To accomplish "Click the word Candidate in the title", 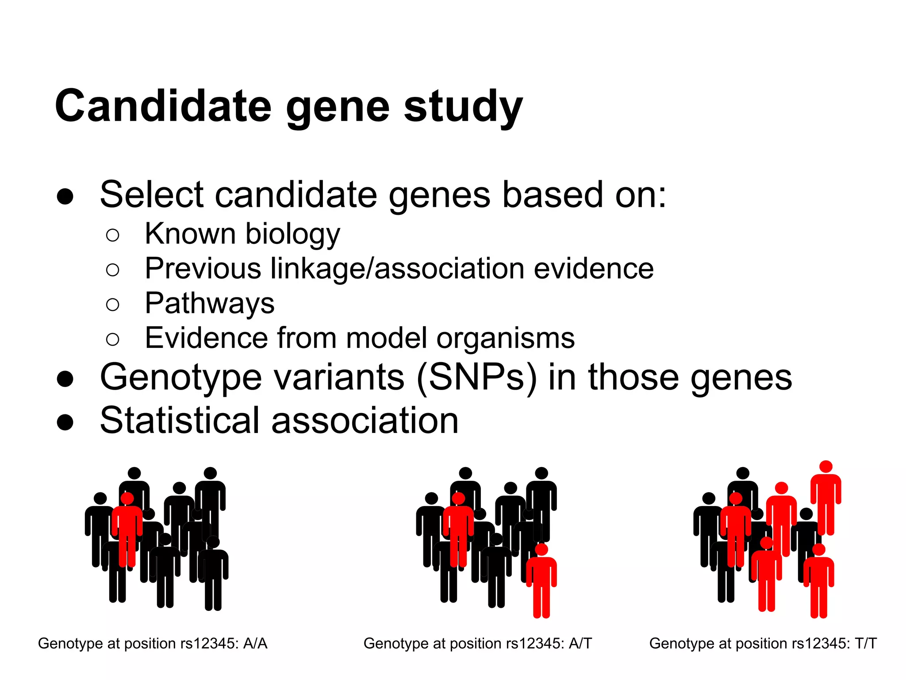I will point(163,106).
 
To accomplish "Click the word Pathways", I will point(210,304).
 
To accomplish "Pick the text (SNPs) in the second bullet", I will point(476,377).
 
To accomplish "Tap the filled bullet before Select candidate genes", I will point(65,196).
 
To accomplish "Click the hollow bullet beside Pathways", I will point(113,305).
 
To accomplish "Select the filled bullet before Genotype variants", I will point(65,379).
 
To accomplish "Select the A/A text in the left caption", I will point(255,643).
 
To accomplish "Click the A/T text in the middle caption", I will point(580,643).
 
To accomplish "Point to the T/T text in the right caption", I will point(865,643).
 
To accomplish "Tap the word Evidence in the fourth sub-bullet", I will point(206,338).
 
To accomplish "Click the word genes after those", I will point(741,377).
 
